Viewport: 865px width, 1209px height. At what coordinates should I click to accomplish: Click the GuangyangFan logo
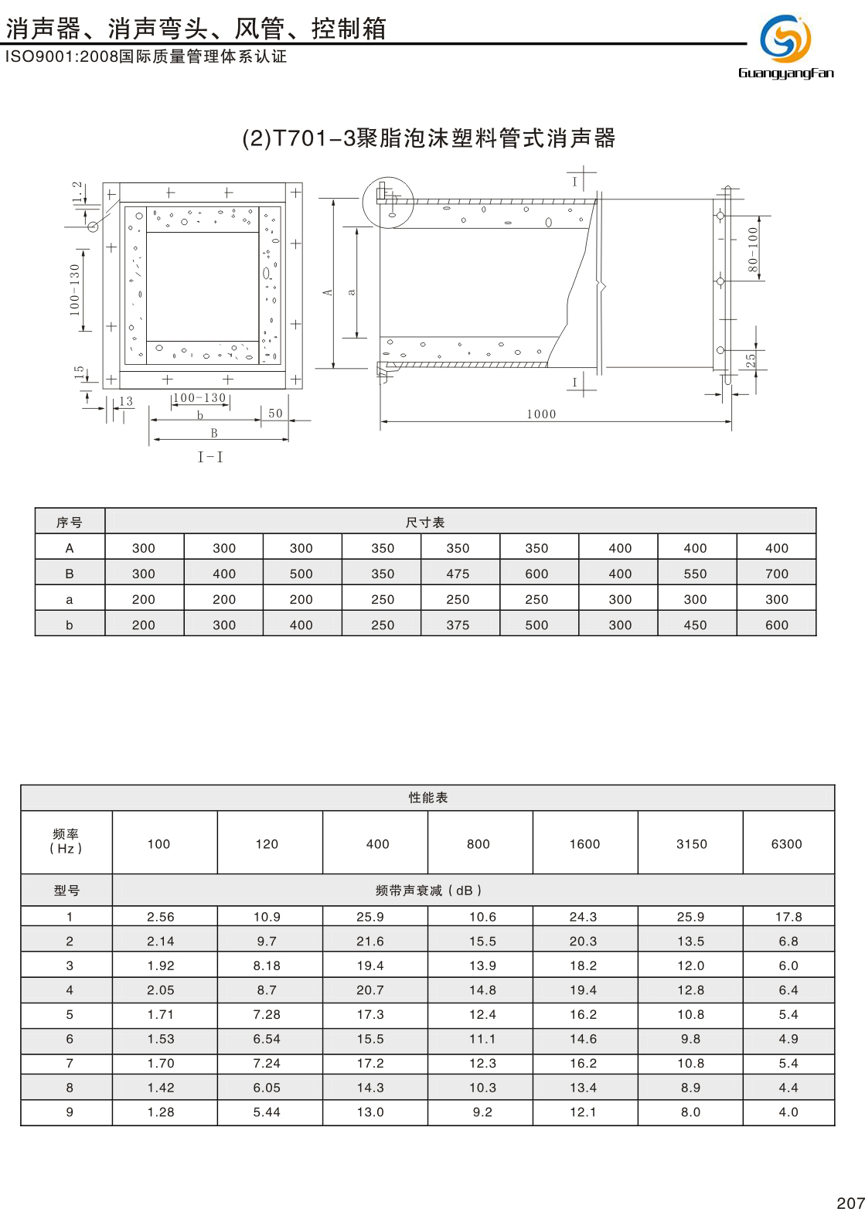click(x=785, y=46)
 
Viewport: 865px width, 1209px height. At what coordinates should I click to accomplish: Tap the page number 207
click(x=850, y=1201)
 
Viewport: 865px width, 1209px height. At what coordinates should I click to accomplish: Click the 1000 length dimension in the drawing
click(x=541, y=414)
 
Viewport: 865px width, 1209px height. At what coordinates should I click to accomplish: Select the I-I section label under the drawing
click(x=210, y=457)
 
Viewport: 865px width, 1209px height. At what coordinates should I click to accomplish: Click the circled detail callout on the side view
click(x=388, y=202)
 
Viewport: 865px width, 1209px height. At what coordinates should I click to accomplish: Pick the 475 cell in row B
click(x=458, y=574)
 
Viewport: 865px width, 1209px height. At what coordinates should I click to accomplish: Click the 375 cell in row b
click(x=458, y=625)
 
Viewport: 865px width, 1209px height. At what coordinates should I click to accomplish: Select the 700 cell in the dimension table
click(x=776, y=574)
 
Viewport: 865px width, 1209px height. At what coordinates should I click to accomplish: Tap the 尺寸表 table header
click(x=425, y=523)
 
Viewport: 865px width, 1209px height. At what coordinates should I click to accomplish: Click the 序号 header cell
click(x=70, y=523)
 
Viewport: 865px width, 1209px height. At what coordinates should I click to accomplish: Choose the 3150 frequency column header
click(x=691, y=844)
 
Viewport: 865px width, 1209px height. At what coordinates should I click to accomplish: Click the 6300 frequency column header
click(x=786, y=844)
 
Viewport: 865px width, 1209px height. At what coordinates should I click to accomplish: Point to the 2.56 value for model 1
click(x=161, y=917)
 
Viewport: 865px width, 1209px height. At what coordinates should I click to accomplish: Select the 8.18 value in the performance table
click(x=267, y=965)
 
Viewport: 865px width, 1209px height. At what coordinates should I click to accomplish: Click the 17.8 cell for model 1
click(x=788, y=917)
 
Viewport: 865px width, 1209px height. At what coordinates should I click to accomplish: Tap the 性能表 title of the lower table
click(x=427, y=798)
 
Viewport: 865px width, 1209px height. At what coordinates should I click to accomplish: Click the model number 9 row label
click(x=70, y=1112)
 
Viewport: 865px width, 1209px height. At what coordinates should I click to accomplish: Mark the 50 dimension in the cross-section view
click(x=275, y=414)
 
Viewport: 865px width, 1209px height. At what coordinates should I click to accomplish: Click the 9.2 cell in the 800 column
click(x=482, y=1112)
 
